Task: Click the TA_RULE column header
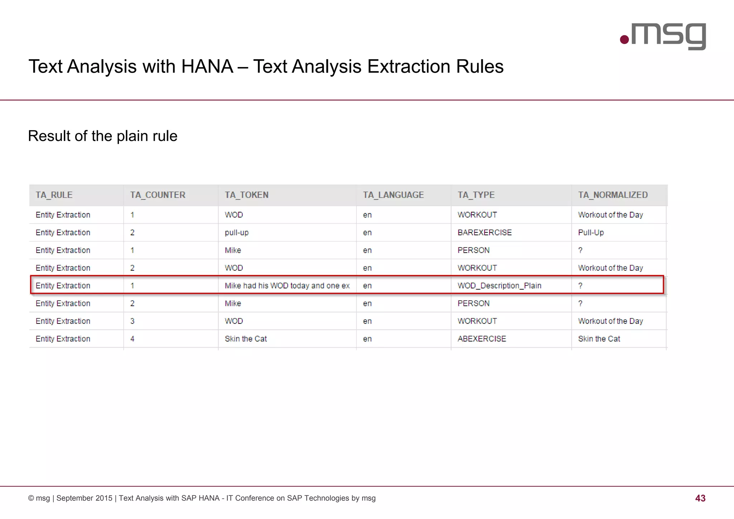54,195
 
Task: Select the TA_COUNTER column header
158,195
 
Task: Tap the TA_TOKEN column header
247,195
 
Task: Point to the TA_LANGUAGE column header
393,195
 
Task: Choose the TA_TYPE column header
476,195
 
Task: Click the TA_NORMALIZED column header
613,195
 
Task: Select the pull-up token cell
237,232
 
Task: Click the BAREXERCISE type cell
485,232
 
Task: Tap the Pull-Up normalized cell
591,232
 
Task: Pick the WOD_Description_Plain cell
499,286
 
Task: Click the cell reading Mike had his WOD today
287,286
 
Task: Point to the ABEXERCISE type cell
482,339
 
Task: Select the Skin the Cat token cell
246,339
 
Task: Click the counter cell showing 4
132,339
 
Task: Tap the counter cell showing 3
132,321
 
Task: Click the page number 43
700,498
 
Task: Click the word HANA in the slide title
207,66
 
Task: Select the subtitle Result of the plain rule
103,136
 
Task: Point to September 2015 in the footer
84,498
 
